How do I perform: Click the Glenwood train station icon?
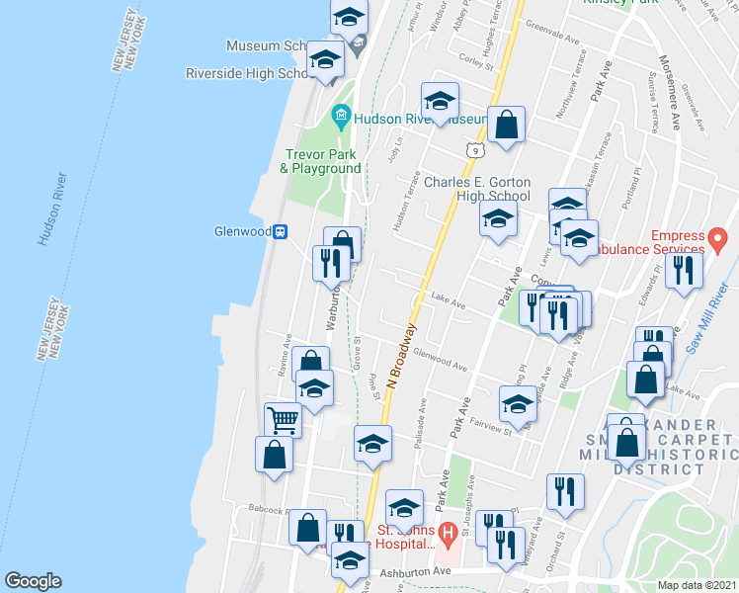tap(281, 231)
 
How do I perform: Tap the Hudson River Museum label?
tap(420, 119)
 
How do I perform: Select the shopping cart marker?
tap(283, 419)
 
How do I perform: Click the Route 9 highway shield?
tap(475, 150)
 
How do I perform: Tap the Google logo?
tap(33, 581)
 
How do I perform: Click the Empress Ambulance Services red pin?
tap(719, 237)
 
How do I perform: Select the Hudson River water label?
tap(52, 209)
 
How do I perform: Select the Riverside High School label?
tap(249, 73)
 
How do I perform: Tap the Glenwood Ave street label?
tap(440, 360)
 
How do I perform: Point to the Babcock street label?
tap(267, 512)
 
